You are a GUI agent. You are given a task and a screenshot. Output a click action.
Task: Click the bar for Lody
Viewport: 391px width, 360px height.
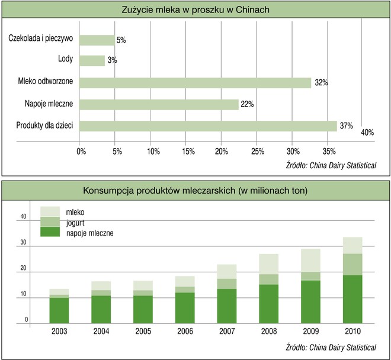pyautogui.click(x=92, y=60)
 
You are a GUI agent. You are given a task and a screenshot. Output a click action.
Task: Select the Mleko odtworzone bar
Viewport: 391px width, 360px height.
pyautogui.click(x=195, y=82)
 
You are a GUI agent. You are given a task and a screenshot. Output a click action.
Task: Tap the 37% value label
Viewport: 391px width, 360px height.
pyautogui.click(x=346, y=126)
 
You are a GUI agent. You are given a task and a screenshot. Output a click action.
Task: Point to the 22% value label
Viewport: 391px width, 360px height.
pyautogui.click(x=247, y=104)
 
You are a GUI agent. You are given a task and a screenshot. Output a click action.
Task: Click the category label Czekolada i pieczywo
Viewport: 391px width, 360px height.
pyautogui.click(x=40, y=39)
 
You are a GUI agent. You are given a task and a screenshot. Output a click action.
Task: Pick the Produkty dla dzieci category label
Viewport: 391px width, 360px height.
pyautogui.click(x=41, y=126)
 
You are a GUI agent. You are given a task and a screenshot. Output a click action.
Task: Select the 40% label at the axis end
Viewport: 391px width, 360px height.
pyautogui.click(x=367, y=133)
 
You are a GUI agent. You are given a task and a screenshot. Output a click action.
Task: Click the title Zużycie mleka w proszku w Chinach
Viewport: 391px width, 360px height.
pyautogui.click(x=195, y=9)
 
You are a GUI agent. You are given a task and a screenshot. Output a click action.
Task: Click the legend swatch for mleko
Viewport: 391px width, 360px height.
pyautogui.click(x=50, y=211)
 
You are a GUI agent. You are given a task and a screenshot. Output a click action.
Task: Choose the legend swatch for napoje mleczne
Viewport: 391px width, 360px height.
pyautogui.click(x=50, y=232)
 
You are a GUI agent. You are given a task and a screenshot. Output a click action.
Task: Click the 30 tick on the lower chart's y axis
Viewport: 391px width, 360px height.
pyautogui.click(x=24, y=243)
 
